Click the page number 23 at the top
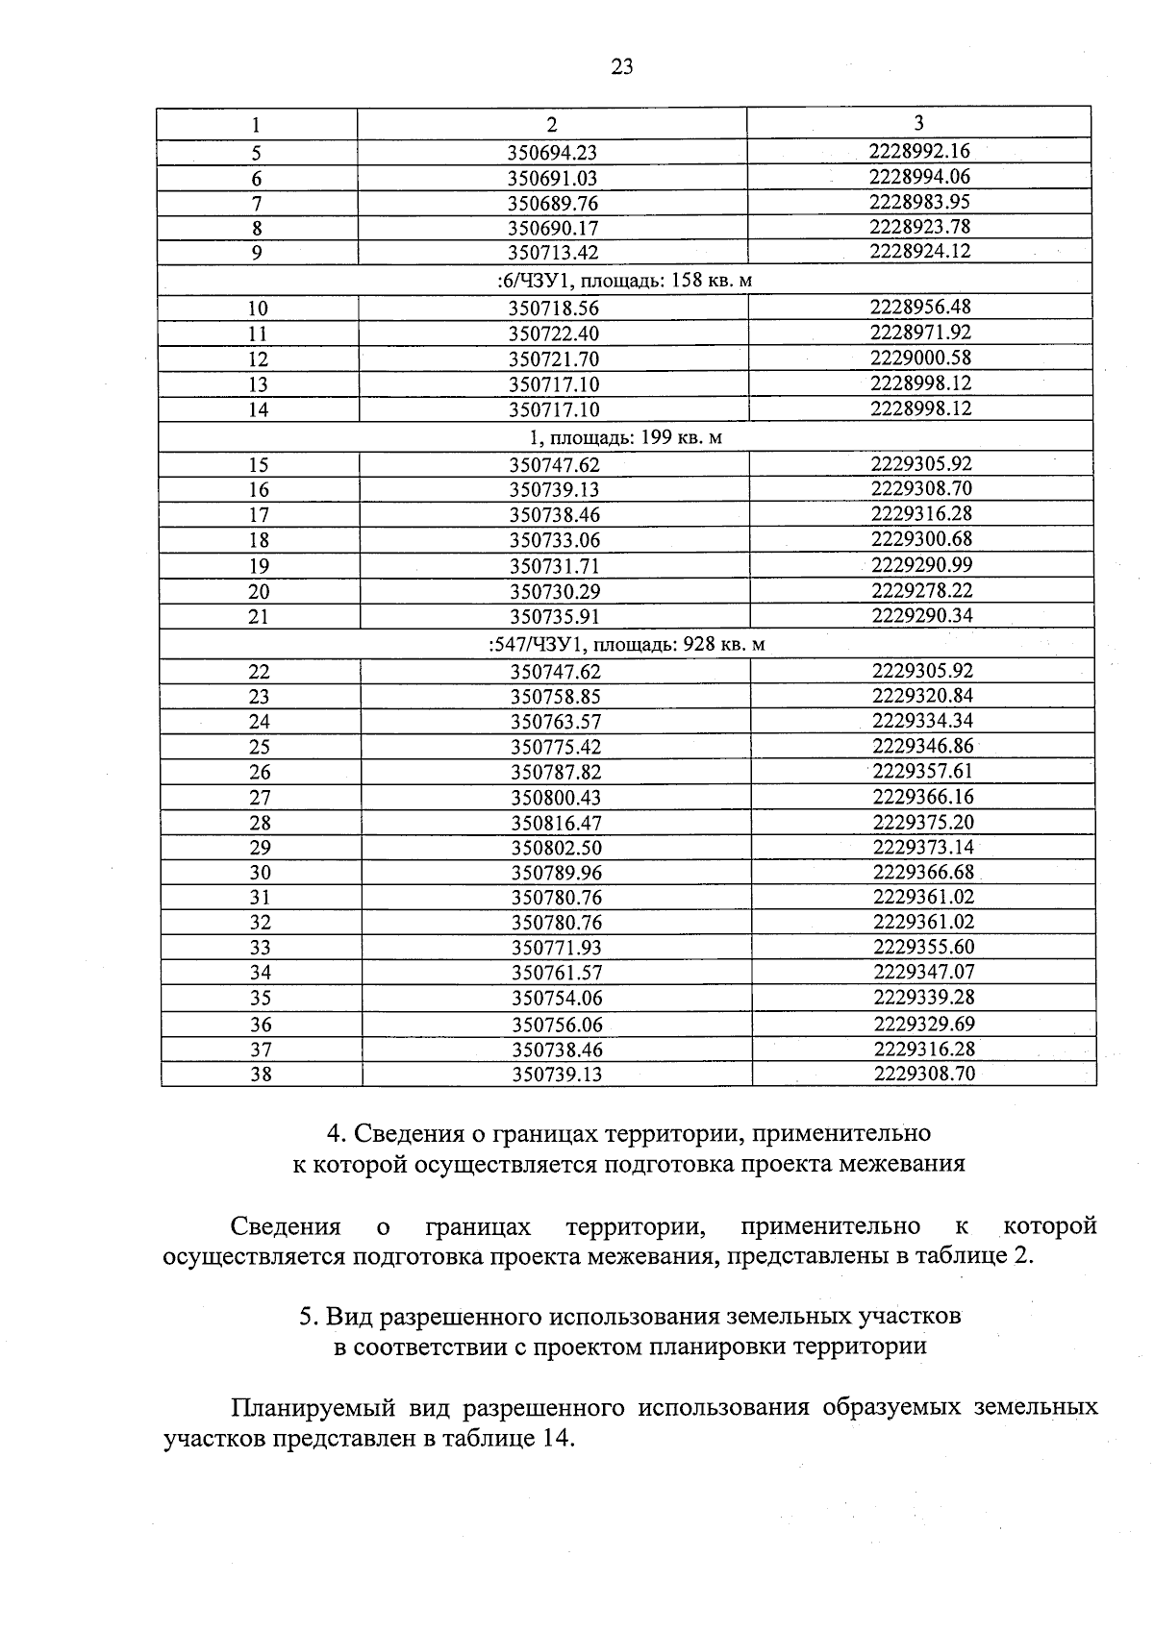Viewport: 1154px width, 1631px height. [621, 66]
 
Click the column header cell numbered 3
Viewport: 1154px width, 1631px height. [918, 122]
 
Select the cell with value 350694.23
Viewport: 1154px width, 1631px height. [552, 153]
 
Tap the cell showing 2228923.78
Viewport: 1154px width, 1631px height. [919, 227]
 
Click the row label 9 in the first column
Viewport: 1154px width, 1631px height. [257, 253]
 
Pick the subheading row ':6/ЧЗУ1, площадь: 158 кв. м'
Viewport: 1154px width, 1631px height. [624, 280]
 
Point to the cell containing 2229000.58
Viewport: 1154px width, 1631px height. [920, 358]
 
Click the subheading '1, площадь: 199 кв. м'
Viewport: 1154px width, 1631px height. [625, 437]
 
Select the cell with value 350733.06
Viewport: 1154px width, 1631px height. [554, 540]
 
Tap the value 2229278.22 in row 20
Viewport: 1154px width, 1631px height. [921, 590]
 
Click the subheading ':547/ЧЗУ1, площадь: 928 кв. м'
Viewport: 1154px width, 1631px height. [626, 644]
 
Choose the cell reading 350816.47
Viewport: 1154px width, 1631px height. [556, 823]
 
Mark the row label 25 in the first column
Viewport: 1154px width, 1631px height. [260, 747]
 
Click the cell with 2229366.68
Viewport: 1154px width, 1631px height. [923, 872]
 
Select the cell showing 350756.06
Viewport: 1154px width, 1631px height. [557, 1025]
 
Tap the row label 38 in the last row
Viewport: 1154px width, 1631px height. [261, 1075]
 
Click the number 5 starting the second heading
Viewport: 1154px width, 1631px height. [306, 1315]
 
